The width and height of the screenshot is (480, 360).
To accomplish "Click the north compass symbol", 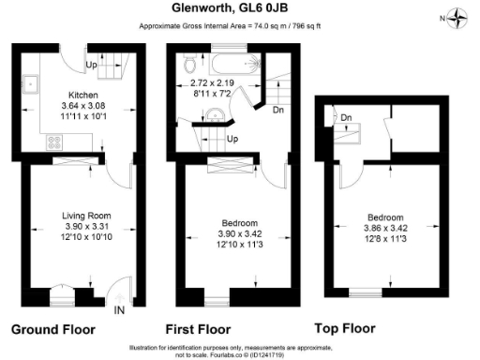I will coord(457,16).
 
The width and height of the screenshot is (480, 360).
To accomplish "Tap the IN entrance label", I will coord(119,309).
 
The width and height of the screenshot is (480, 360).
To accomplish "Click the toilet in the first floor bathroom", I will coord(192,65).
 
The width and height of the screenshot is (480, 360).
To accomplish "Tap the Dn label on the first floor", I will coord(277,110).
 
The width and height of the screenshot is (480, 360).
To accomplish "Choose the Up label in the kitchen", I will coord(91,65).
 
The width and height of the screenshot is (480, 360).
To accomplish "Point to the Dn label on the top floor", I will coord(346,117).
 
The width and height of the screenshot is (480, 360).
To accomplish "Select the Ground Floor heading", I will coord(51,331).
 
